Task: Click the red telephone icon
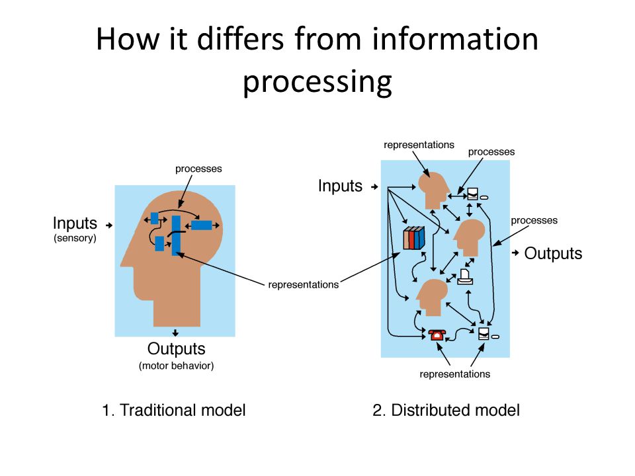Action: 436,335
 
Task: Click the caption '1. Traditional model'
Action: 173,410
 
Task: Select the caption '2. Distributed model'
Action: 446,410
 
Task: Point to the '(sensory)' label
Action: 75,239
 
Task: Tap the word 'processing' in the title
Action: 317,83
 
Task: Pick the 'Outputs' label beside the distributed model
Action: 553,253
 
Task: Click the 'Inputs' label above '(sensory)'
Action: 75,224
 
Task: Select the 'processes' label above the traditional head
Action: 198,169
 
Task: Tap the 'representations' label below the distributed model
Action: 455,374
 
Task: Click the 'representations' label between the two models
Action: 304,285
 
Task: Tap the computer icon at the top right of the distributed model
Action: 474,194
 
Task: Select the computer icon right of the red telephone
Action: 485,333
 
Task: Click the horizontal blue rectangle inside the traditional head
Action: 201,225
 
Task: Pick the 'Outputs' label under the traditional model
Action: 176,349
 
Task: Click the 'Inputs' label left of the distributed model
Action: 340,186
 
